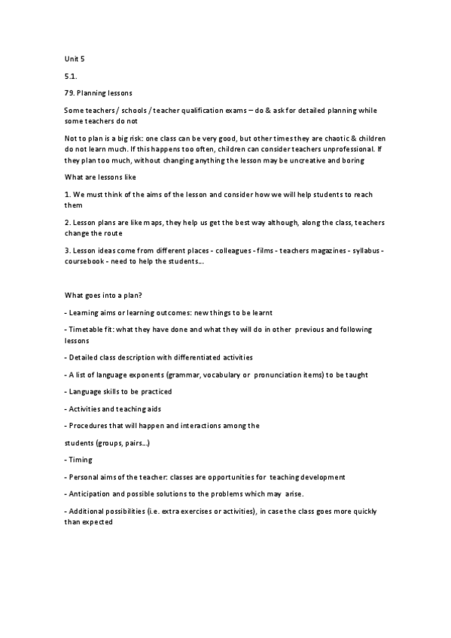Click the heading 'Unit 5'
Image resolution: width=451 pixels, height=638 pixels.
point(75,56)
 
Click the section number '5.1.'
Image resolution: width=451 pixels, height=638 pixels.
point(72,76)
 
